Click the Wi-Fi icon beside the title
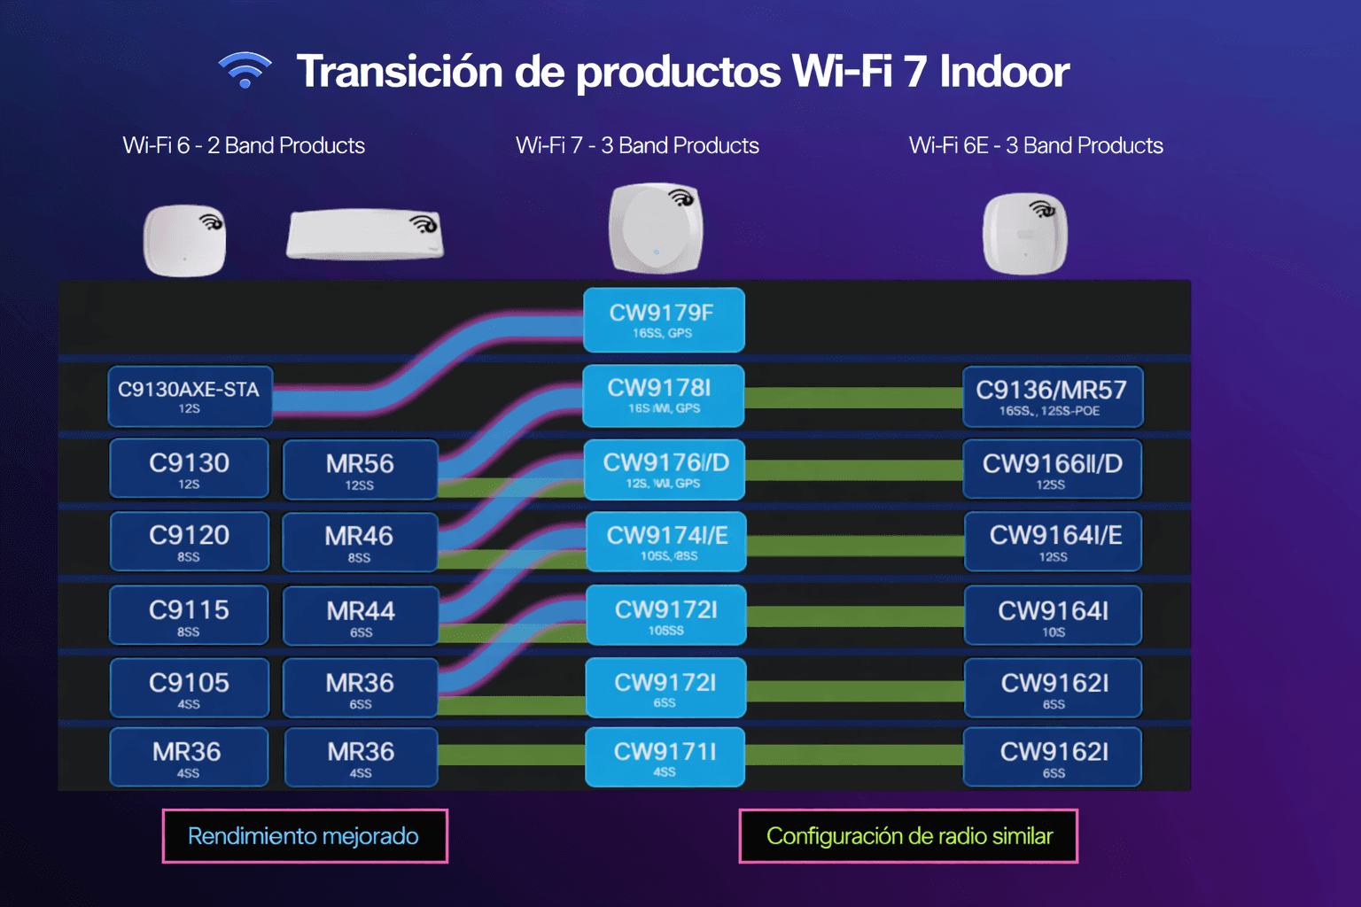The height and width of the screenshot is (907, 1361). click(245, 71)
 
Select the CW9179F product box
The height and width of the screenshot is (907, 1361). click(663, 320)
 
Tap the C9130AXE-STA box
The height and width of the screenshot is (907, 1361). click(190, 396)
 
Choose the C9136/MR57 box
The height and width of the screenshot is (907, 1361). click(1052, 397)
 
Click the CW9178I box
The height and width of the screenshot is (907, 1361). click(663, 395)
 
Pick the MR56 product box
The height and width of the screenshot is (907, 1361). click(360, 469)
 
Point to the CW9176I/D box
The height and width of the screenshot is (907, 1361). click(665, 469)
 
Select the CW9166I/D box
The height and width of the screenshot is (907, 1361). click(1052, 469)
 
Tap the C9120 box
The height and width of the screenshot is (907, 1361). click(189, 541)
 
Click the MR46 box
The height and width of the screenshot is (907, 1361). click(360, 542)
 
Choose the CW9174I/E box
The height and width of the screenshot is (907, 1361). click(666, 541)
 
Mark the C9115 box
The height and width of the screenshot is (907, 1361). click(189, 615)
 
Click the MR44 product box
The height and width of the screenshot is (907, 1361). click(360, 616)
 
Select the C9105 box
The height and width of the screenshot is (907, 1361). click(189, 687)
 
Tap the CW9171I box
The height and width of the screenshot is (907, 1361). click(665, 757)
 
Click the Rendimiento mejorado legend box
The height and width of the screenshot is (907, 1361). click(305, 836)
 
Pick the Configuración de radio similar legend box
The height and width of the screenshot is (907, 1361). click(908, 836)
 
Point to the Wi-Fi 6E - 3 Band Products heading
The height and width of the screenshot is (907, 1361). click(1036, 145)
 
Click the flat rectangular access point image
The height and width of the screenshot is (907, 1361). click(364, 234)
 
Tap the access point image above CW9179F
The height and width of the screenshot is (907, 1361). click(656, 229)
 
